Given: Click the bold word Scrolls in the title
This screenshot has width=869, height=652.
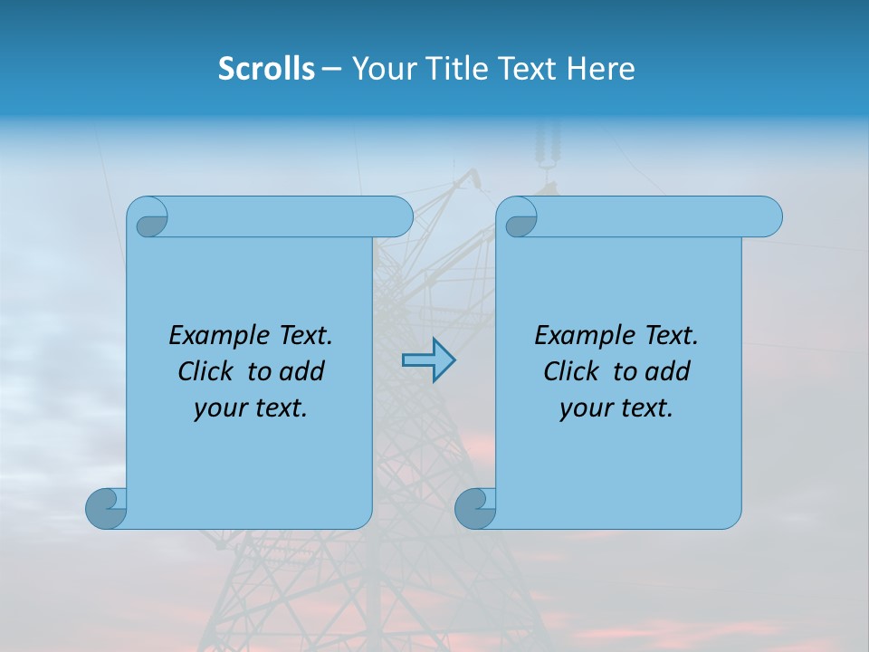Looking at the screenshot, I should coord(266,69).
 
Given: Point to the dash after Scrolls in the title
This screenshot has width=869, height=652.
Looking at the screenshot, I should coord(332,69).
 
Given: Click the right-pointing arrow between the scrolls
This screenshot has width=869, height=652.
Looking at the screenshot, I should coord(428,360).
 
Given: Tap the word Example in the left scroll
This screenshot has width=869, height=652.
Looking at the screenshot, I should coord(219,336).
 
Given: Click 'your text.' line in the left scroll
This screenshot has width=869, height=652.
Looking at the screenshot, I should coord(251,408).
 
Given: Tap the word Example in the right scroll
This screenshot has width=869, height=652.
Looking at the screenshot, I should coord(585,336).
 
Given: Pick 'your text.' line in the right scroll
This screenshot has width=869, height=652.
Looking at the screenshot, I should coord(616,408).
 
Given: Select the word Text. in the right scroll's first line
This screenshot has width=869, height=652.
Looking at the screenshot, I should coord(671,336).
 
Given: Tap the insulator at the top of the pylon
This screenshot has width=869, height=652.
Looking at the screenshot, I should coord(546,149).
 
